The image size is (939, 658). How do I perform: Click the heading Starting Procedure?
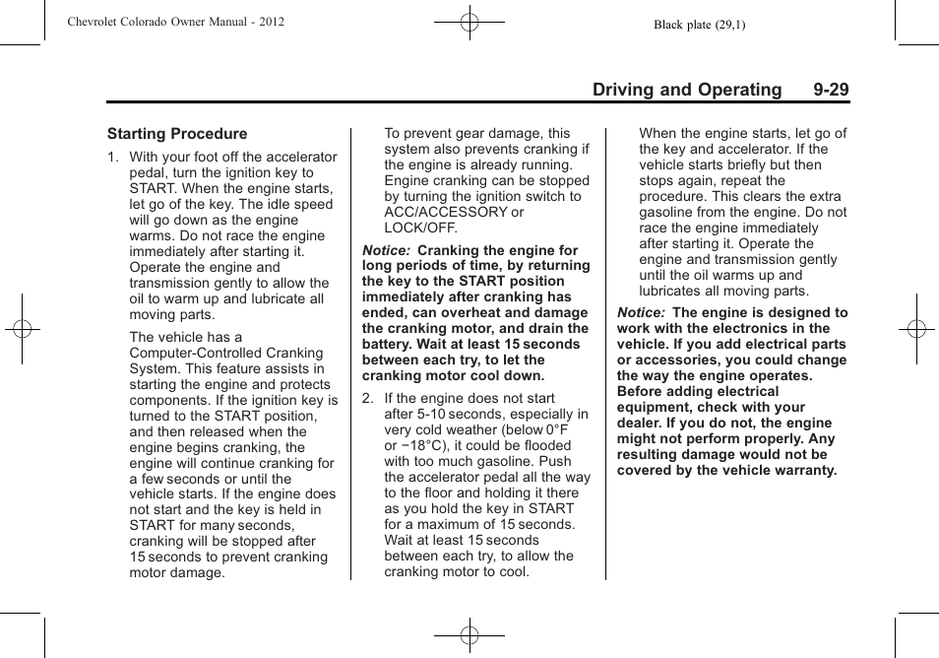tap(177, 134)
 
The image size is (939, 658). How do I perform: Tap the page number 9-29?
tap(831, 90)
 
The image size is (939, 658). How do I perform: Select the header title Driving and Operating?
tap(687, 90)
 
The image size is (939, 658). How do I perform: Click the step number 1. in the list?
tap(114, 158)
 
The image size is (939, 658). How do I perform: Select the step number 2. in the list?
tap(368, 399)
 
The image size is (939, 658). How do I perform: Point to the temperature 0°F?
tap(559, 429)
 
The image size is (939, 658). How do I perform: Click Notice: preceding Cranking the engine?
tap(387, 250)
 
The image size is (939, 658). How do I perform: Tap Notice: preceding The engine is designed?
tap(642, 313)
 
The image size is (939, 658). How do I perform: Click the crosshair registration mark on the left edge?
tap(22, 329)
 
